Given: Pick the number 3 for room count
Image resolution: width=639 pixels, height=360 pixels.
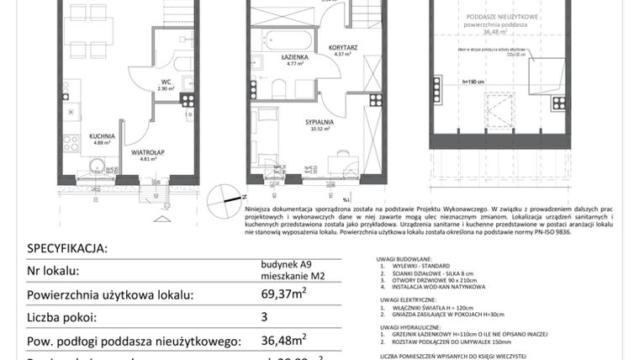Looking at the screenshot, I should click(264, 318).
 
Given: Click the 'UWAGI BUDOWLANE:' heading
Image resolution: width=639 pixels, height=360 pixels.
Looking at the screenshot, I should click(405, 260).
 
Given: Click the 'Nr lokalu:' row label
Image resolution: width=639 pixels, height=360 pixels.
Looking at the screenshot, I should click(53, 271).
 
